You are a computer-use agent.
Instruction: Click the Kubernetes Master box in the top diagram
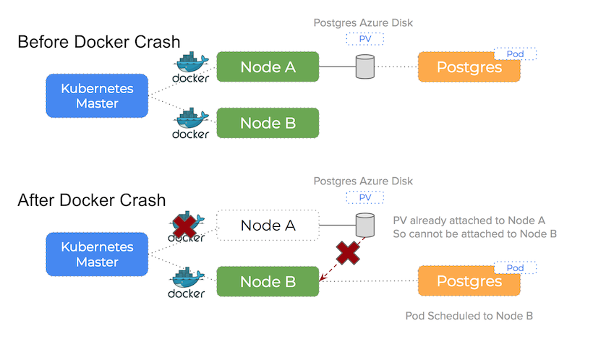click(x=98, y=96)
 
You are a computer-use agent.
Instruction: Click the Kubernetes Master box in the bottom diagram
click(x=98, y=254)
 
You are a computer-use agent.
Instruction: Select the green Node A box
click(x=268, y=67)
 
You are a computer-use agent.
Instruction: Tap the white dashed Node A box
click(x=268, y=226)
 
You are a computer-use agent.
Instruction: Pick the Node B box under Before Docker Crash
click(x=268, y=123)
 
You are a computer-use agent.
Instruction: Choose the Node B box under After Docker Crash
click(x=268, y=282)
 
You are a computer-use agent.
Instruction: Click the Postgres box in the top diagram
click(x=469, y=68)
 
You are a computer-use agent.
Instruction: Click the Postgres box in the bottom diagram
click(x=469, y=281)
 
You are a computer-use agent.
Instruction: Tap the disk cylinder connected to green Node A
click(x=364, y=68)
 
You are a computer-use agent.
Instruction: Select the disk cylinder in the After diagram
click(x=364, y=225)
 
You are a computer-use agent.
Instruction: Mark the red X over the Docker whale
click(x=187, y=226)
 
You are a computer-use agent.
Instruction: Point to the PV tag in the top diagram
click(x=364, y=38)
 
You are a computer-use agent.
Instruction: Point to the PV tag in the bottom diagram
click(x=364, y=197)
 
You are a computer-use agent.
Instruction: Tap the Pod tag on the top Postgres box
click(x=516, y=54)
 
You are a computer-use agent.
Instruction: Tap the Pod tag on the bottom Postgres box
click(x=516, y=268)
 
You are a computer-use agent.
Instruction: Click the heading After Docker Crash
click(x=92, y=200)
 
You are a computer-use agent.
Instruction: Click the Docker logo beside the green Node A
click(x=191, y=67)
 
